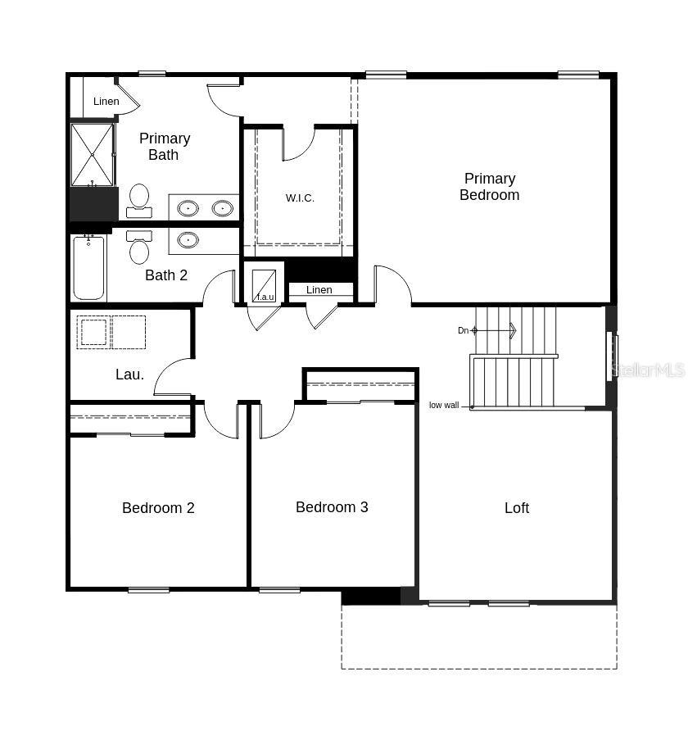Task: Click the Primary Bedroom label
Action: pos(489,187)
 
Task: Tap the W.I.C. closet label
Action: pos(300,197)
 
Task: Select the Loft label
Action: pos(517,508)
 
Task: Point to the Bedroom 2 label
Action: pos(158,508)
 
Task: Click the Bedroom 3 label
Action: pos(332,507)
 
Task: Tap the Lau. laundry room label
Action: pos(129,375)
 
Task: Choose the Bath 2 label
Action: pos(166,275)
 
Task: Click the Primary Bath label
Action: pos(164,147)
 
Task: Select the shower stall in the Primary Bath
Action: pos(92,154)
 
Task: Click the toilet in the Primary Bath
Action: pos(139,199)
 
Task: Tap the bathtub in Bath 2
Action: pos(88,268)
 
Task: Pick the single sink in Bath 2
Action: pos(188,240)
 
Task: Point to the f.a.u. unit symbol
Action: pos(264,285)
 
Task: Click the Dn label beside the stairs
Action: pos(463,331)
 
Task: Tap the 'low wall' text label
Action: pos(444,406)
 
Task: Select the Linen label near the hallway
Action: pos(319,290)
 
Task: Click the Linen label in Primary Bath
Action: pos(106,102)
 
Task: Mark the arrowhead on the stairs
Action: pos(513,330)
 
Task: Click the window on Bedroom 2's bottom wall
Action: pos(148,590)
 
